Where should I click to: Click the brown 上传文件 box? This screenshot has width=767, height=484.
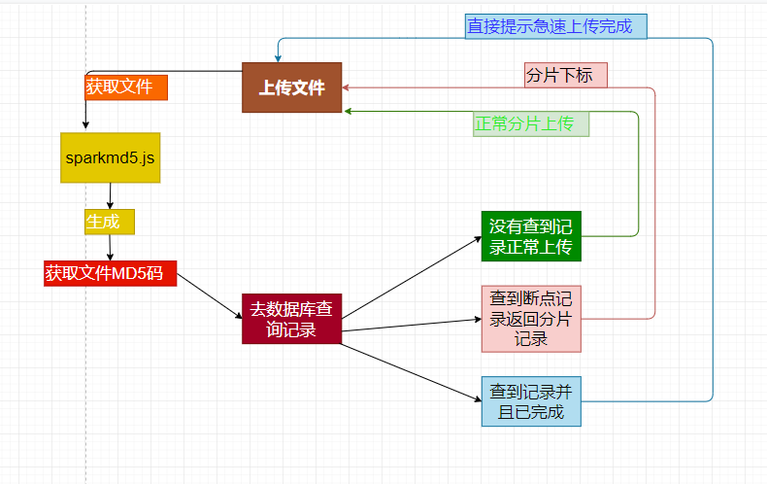point(291,87)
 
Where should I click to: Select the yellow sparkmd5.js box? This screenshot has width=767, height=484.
point(110,157)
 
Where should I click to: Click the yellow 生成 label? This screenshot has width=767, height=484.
point(109,222)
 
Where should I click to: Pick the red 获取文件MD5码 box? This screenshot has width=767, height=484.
point(110,273)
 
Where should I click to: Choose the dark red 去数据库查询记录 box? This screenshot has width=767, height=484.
point(291,319)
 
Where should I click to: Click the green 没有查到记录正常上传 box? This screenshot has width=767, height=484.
point(530,236)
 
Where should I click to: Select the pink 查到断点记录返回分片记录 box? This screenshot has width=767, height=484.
point(530,318)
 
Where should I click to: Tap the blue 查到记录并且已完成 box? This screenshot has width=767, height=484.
point(530,400)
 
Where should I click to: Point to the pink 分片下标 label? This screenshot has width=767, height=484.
point(566,75)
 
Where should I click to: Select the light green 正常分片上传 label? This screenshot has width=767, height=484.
point(531,124)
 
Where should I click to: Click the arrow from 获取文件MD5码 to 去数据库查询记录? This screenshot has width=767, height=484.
point(209,295)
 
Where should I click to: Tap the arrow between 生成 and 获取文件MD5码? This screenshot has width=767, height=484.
point(109,247)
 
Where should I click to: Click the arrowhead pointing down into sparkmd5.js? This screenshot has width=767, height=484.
point(85,125)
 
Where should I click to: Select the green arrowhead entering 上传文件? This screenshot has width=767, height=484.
point(348,112)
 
